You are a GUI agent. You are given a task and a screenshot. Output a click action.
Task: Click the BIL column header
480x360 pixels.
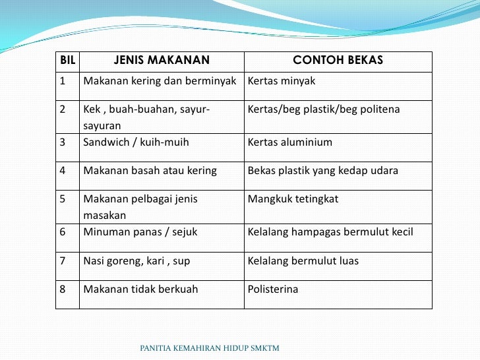67,61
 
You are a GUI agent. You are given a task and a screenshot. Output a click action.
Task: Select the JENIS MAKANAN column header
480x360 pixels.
162,61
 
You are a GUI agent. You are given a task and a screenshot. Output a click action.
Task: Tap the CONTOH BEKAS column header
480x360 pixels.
338,61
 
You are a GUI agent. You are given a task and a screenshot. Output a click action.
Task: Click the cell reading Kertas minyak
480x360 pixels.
282,81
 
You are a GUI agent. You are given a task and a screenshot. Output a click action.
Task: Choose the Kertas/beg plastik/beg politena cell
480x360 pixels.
324,109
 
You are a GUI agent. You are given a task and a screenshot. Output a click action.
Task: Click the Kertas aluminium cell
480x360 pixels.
289,142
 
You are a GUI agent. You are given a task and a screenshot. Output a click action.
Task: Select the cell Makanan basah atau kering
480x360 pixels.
150,171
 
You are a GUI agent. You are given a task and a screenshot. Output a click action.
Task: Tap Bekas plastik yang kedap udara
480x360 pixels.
322,171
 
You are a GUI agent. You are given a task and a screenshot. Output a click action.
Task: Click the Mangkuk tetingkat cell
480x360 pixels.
293,198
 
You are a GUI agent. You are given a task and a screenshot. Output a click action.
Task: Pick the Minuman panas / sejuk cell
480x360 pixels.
140,232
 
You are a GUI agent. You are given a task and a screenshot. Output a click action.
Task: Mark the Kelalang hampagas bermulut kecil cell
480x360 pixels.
330,232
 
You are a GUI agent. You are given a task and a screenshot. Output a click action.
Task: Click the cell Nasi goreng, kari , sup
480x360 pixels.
136,260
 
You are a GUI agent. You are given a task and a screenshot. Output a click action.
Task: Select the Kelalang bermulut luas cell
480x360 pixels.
303,260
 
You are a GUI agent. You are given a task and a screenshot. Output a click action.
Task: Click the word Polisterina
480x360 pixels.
273,289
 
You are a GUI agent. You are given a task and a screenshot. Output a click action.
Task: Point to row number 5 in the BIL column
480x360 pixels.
63,198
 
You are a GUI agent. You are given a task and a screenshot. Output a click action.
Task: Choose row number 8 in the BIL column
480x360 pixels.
63,289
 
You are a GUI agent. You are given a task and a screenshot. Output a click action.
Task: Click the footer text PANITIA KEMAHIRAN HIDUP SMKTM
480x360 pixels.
210,347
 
